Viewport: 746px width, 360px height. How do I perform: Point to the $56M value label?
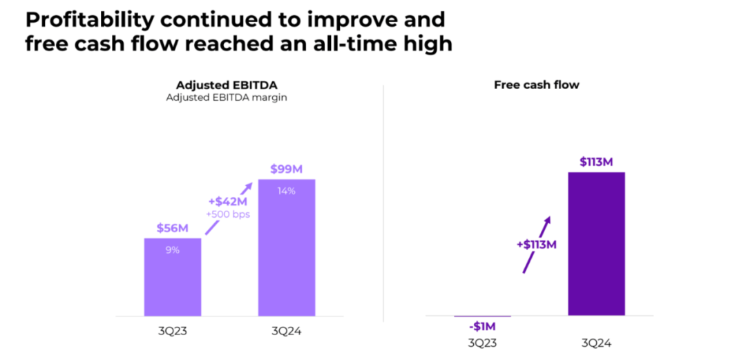click(173, 229)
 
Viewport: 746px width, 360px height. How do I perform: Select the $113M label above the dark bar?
click(596, 162)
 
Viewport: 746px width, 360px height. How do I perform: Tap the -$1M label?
click(481, 327)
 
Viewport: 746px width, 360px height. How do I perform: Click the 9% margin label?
click(173, 250)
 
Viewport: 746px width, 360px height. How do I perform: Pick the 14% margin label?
click(287, 191)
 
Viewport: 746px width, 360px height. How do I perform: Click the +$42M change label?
click(228, 201)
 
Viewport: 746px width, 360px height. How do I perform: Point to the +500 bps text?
click(228, 214)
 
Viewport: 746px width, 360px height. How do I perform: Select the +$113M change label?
click(536, 243)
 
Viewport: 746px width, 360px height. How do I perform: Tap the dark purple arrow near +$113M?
click(537, 244)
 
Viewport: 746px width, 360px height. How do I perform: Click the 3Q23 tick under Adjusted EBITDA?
click(173, 330)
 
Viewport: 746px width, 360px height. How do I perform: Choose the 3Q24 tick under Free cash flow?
click(596, 343)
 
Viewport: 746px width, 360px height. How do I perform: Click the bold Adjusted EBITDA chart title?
click(227, 85)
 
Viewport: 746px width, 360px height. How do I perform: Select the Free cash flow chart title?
click(537, 85)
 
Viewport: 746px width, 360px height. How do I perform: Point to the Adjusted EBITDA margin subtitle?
click(227, 97)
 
